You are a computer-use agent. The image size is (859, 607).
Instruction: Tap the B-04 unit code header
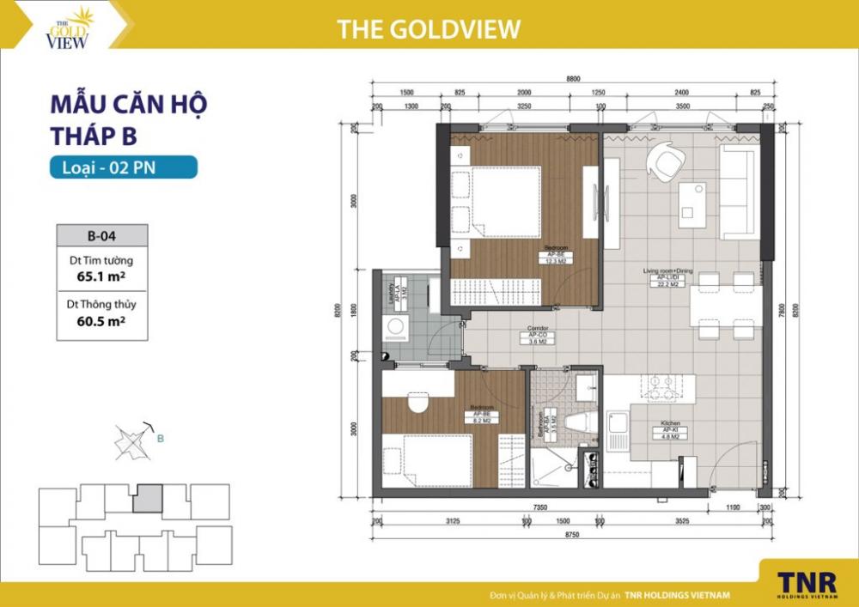tap(102, 235)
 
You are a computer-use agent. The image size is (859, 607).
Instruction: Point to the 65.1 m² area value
tap(101, 277)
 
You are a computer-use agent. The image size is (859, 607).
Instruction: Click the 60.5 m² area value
tap(101, 322)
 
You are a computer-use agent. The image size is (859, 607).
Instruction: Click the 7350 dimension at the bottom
tap(541, 507)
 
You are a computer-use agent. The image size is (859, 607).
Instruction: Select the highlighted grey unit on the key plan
tap(149, 498)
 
